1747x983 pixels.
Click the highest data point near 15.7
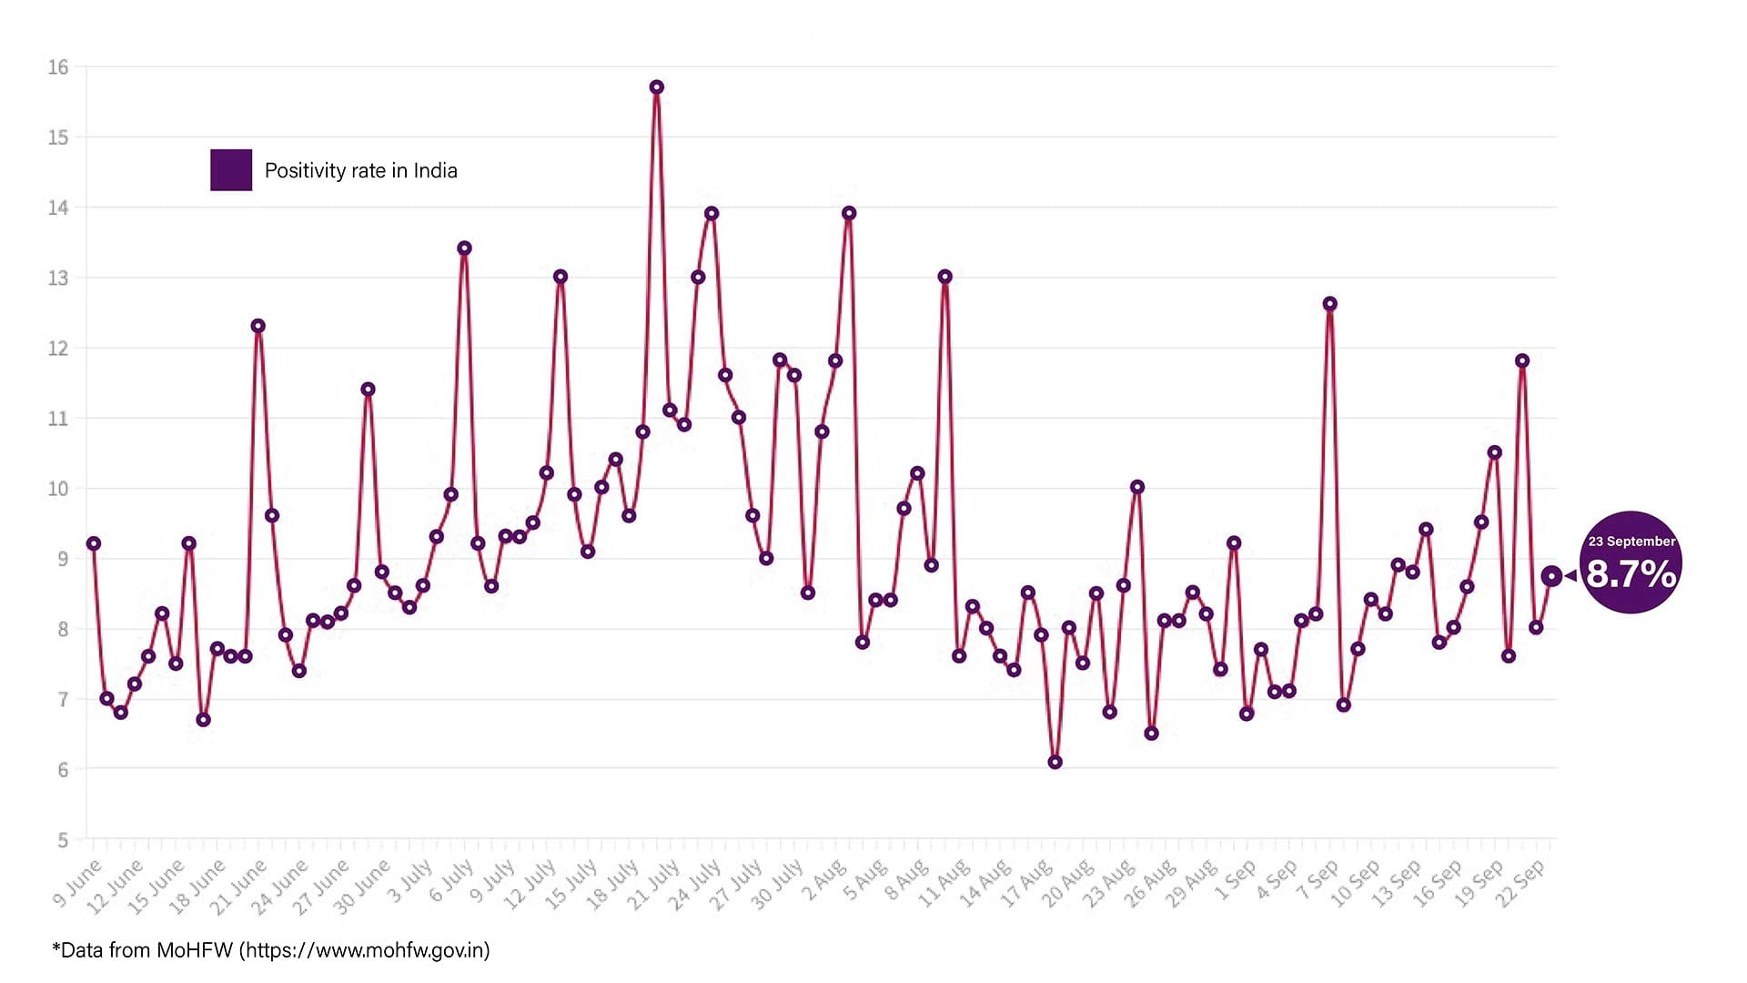656,87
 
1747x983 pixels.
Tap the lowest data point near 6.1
1055,762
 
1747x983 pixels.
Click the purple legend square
231,170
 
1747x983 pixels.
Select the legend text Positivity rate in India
360,171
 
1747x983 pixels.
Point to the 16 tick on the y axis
58,67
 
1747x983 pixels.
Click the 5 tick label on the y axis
62,840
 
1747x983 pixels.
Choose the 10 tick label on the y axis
58,489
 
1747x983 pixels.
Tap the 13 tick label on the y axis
58,279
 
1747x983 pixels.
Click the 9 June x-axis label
77,882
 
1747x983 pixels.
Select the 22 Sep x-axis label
1520,882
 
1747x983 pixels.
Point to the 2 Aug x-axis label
823,881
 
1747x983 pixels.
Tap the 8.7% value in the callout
1631,574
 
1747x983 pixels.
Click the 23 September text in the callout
1631,542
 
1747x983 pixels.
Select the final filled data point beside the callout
1551,576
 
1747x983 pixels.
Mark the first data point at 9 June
93,543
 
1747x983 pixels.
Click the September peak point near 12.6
1329,304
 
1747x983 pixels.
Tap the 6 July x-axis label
451,880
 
